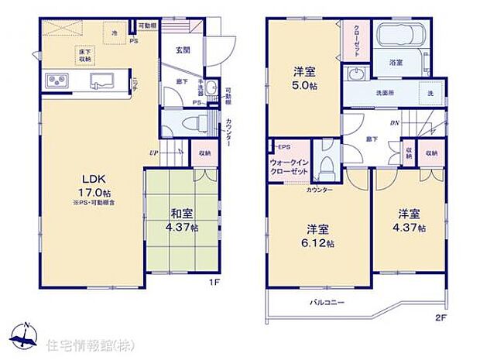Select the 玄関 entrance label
[183, 50]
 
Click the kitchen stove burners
[57, 81]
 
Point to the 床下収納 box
[84, 55]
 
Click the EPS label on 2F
[284, 147]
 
